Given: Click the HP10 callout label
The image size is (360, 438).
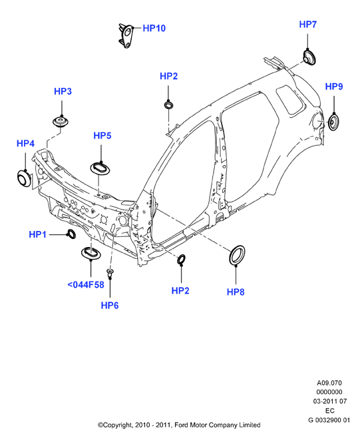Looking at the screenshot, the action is click(154, 28).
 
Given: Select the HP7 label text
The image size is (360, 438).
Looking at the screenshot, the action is click(308, 25).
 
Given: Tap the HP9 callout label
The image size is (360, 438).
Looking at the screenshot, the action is click(334, 87).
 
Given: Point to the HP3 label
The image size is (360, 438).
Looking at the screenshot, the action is click(63, 91).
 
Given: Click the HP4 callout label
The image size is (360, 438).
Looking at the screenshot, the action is click(25, 143).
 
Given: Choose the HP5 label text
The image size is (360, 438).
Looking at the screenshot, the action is click(102, 136).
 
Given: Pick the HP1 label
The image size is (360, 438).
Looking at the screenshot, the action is click(37, 234).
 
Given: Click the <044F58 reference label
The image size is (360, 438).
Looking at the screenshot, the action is click(86, 285).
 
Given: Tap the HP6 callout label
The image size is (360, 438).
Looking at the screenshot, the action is click(110, 306).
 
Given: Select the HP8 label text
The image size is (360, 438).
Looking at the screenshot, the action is click(236, 292).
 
